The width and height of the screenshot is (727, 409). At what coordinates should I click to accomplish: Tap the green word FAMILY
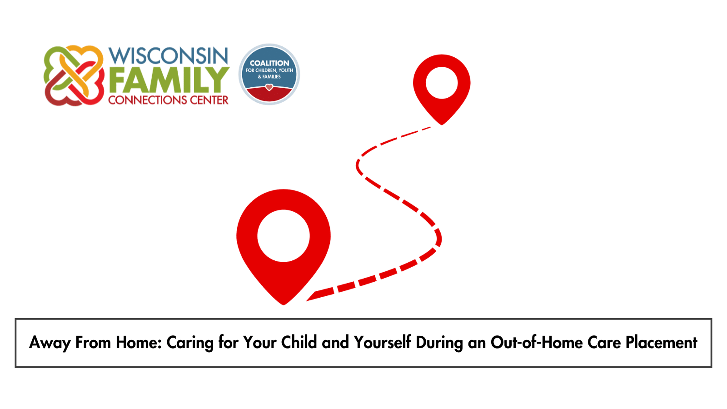coord(169,80)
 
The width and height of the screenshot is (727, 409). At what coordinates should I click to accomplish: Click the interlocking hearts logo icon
coord(74,75)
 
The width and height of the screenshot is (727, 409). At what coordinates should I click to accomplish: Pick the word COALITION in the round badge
coord(269,63)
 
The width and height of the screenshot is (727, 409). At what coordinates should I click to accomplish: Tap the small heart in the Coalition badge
coord(269,87)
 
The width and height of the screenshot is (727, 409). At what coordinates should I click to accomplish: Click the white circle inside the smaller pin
coord(441,83)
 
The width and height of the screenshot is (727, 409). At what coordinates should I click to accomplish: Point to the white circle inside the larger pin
coord(284,236)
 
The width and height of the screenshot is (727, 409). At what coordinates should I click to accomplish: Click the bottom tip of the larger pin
coord(284,305)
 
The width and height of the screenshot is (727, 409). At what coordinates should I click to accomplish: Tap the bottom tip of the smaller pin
coord(441,125)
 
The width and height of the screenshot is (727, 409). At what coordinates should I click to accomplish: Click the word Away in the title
coord(50,343)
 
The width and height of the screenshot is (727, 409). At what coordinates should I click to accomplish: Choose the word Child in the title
coord(299,342)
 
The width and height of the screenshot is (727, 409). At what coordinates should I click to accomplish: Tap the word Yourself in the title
coord(382,342)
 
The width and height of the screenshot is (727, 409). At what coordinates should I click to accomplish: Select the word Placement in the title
coord(662,342)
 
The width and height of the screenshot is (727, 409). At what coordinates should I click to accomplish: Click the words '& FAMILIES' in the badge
coord(269,77)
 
